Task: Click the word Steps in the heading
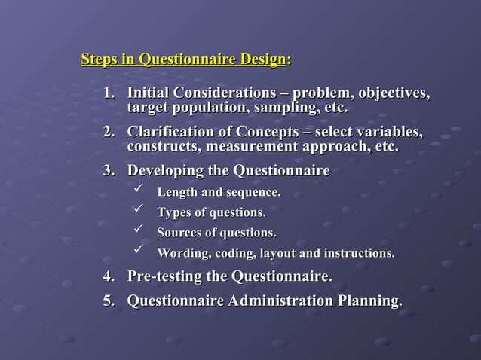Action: pos(100,59)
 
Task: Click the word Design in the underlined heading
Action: pos(262,59)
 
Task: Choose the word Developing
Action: pos(165,171)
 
